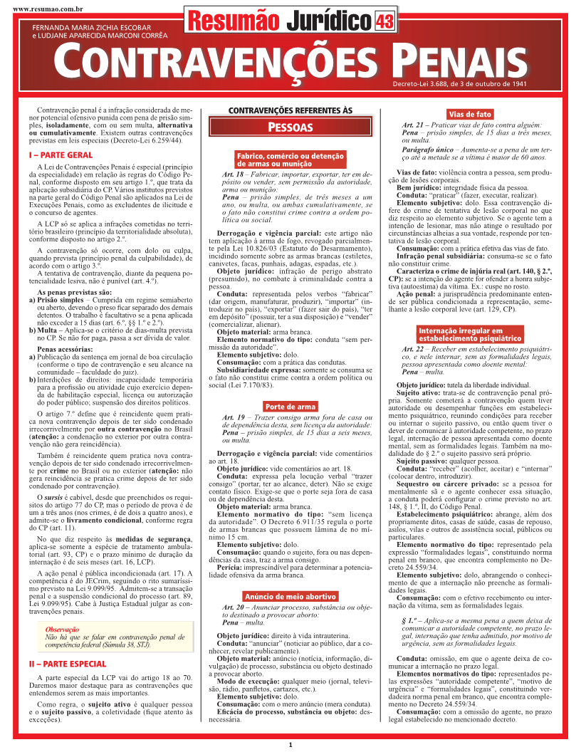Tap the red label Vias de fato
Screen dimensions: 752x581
(469, 114)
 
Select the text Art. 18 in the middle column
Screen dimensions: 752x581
(233, 174)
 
